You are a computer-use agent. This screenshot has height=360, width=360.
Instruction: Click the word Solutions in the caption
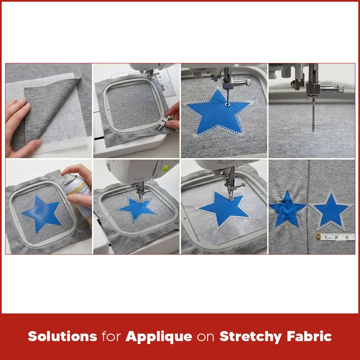[62, 336]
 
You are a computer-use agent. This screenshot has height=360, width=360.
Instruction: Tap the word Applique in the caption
[159, 336]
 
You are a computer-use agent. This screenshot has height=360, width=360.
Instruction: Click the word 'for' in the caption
[111, 336]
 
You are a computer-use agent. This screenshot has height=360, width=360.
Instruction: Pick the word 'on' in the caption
[206, 337]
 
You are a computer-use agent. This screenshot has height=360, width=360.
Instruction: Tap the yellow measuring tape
[336, 237]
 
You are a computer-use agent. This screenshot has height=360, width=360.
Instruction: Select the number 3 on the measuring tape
[346, 237]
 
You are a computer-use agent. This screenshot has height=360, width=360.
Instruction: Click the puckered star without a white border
[287, 208]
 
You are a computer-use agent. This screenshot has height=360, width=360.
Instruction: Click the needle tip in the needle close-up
[312, 131]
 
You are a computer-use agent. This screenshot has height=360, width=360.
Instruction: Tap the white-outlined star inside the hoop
[138, 209]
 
